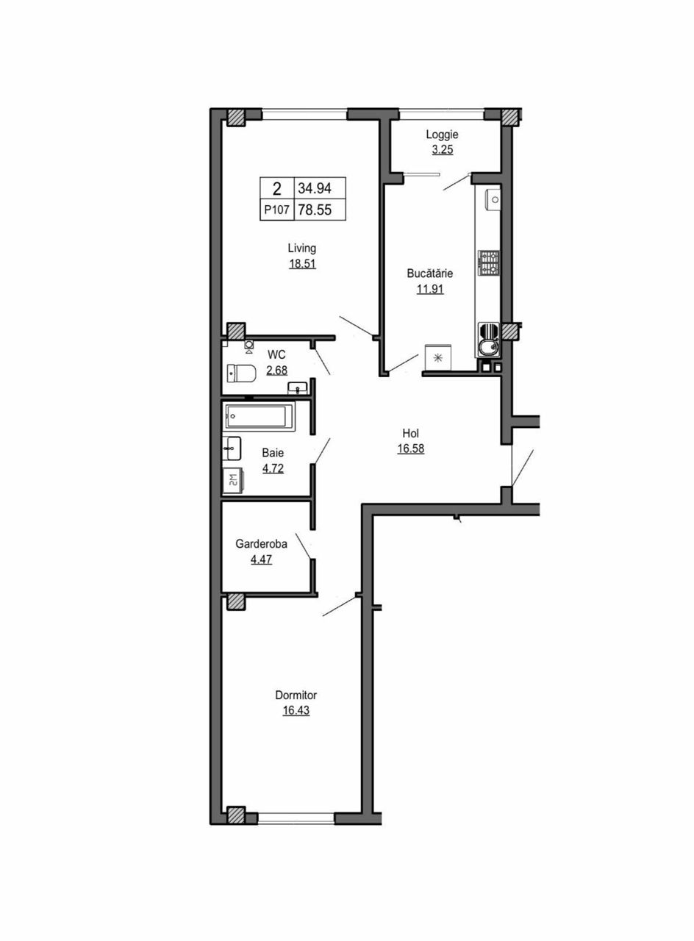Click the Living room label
pyautogui.click(x=301, y=248)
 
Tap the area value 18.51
pyautogui.click(x=302, y=264)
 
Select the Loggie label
pyautogui.click(x=442, y=135)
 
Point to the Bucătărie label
pyautogui.click(x=430, y=273)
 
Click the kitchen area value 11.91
pyautogui.click(x=430, y=289)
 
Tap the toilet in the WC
pyautogui.click(x=242, y=373)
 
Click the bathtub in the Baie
pyautogui.click(x=259, y=416)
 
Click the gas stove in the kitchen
pyautogui.click(x=489, y=263)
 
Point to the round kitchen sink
pyautogui.click(x=487, y=347)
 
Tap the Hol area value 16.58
pyautogui.click(x=411, y=448)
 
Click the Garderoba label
pyautogui.click(x=261, y=544)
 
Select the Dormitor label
pyautogui.click(x=296, y=695)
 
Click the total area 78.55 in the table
pyautogui.click(x=315, y=210)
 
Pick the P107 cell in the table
pyautogui.click(x=277, y=210)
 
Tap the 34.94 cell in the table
pyautogui.click(x=315, y=188)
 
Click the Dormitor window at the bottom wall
pyautogui.click(x=296, y=817)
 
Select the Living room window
pyautogui.click(x=305, y=114)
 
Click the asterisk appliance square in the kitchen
pyautogui.click(x=437, y=358)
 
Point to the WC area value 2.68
pyautogui.click(x=277, y=371)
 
